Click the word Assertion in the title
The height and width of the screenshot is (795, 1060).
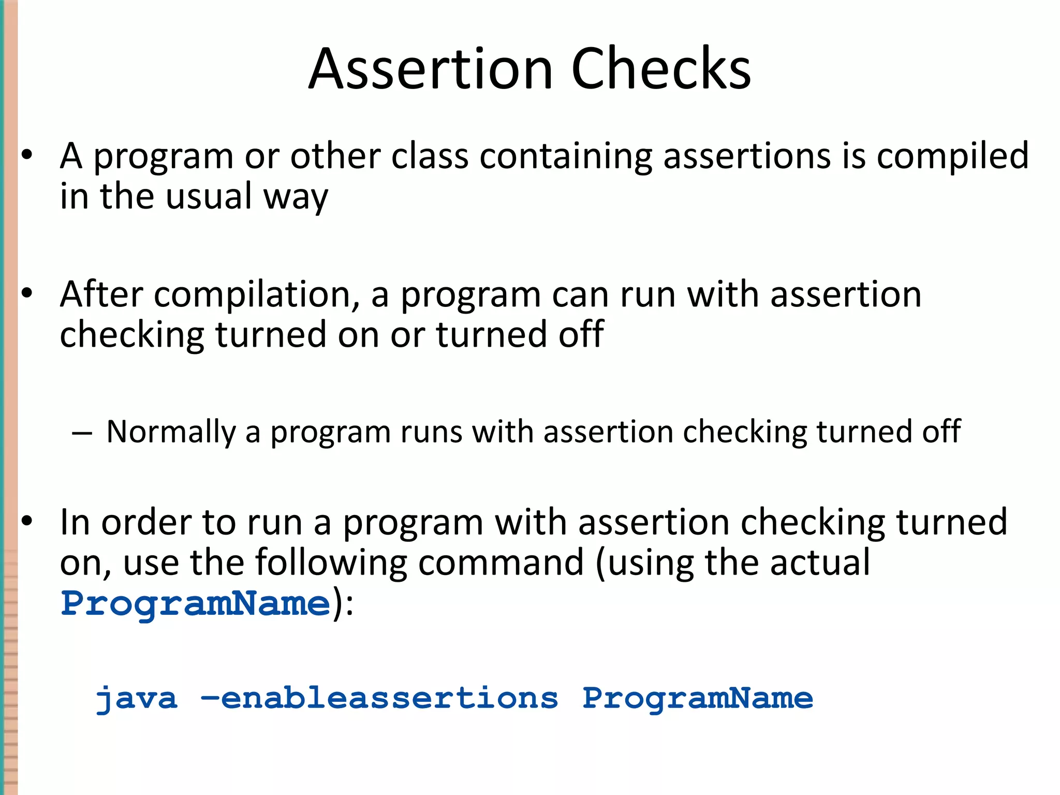431,69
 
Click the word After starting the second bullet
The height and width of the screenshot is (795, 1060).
101,295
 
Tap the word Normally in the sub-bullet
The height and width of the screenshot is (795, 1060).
171,432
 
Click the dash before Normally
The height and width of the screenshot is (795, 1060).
82,433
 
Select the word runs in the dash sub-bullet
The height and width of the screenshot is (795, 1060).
431,433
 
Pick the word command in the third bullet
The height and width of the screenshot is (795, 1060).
500,563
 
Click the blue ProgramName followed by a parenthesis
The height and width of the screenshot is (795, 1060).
196,603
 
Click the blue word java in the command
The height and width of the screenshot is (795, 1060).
137,699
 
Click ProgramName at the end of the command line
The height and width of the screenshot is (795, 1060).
697,699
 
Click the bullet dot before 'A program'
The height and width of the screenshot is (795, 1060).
27,155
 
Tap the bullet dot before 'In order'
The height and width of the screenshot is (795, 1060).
27,521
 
